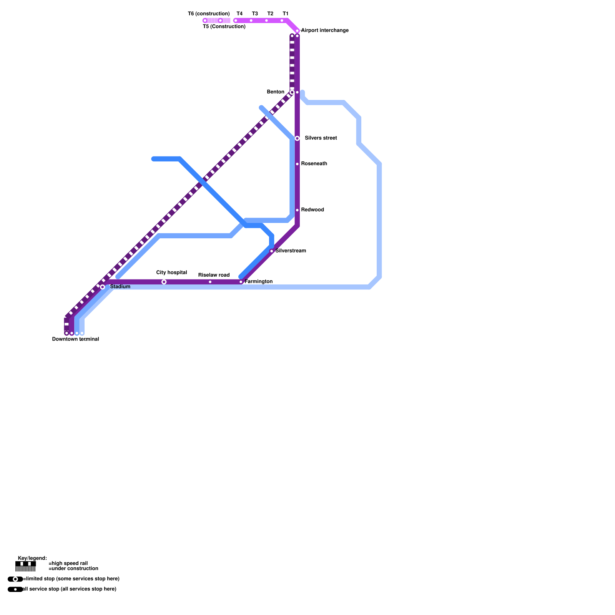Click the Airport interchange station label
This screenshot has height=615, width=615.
(324, 30)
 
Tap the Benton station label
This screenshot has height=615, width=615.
(276, 92)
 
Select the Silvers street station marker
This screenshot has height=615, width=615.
(297, 138)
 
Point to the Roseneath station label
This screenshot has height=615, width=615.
(314, 164)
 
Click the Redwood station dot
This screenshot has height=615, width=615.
(297, 210)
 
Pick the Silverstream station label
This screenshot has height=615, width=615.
(291, 251)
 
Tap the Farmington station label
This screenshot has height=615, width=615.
(259, 282)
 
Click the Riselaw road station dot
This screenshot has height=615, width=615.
(210, 282)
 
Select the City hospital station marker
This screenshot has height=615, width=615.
(164, 282)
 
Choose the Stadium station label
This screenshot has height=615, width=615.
(120, 287)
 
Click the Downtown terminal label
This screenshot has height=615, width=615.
(75, 339)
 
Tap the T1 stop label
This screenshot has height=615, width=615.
(285, 14)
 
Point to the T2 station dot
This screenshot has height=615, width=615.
(266, 21)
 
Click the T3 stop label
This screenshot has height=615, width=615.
(255, 14)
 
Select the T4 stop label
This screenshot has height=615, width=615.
(239, 14)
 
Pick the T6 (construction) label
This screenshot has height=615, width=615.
(209, 14)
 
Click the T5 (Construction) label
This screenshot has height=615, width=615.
(224, 27)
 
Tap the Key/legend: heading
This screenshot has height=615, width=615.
(32, 558)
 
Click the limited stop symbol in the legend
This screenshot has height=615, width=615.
(15, 579)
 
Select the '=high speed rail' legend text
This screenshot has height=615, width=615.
(68, 563)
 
